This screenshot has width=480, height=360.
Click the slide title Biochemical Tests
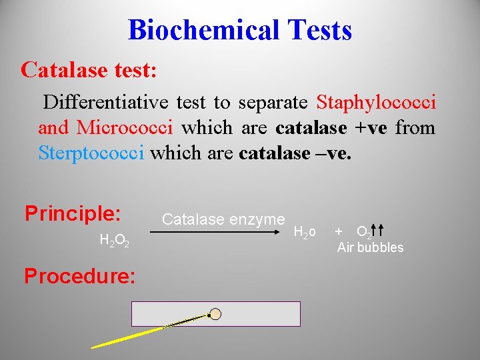[x=239, y=30]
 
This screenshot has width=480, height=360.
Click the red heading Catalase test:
[x=89, y=69]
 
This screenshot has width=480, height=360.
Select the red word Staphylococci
[x=376, y=103]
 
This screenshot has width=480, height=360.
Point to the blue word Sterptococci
[x=91, y=153]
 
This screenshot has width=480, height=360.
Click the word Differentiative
[x=106, y=103]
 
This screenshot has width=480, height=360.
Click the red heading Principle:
[x=73, y=213]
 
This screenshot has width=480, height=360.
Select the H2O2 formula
[x=113, y=241]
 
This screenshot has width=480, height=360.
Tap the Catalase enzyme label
[x=223, y=219]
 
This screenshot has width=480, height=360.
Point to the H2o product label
[x=304, y=232]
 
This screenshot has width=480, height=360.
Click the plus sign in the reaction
[x=339, y=231]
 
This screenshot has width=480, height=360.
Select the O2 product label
[x=364, y=232]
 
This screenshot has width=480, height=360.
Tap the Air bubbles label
[x=370, y=247]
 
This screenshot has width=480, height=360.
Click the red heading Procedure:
[x=80, y=275]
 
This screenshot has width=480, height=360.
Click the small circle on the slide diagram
[x=215, y=313]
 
